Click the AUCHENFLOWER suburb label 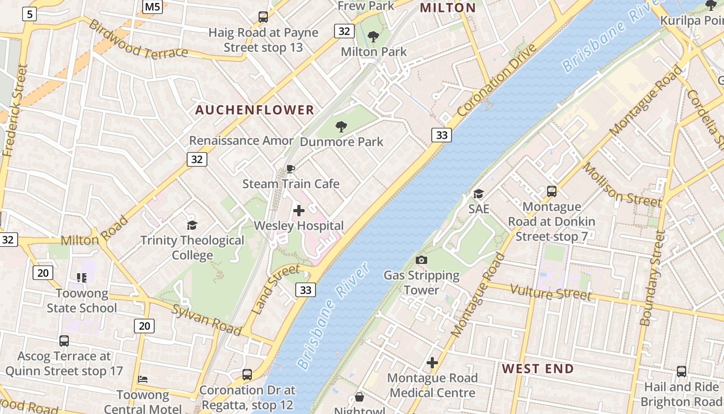pos(254,110)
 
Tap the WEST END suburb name pos(538,369)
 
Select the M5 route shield pos(153,7)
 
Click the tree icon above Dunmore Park pos(341,126)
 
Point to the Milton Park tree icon pos(373,37)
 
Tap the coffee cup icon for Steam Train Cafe pos(291,169)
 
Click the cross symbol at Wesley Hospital pos(299,211)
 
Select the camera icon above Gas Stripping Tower pos(421,260)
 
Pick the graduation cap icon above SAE pos(478,194)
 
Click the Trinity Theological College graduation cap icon pos(192,225)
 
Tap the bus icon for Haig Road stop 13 pos(263,17)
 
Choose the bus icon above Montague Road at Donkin pos(552,191)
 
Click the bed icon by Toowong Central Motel pos(143,379)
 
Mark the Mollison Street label pos(622,184)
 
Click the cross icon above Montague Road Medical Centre pos(432,363)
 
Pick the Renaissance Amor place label pos(241,140)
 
